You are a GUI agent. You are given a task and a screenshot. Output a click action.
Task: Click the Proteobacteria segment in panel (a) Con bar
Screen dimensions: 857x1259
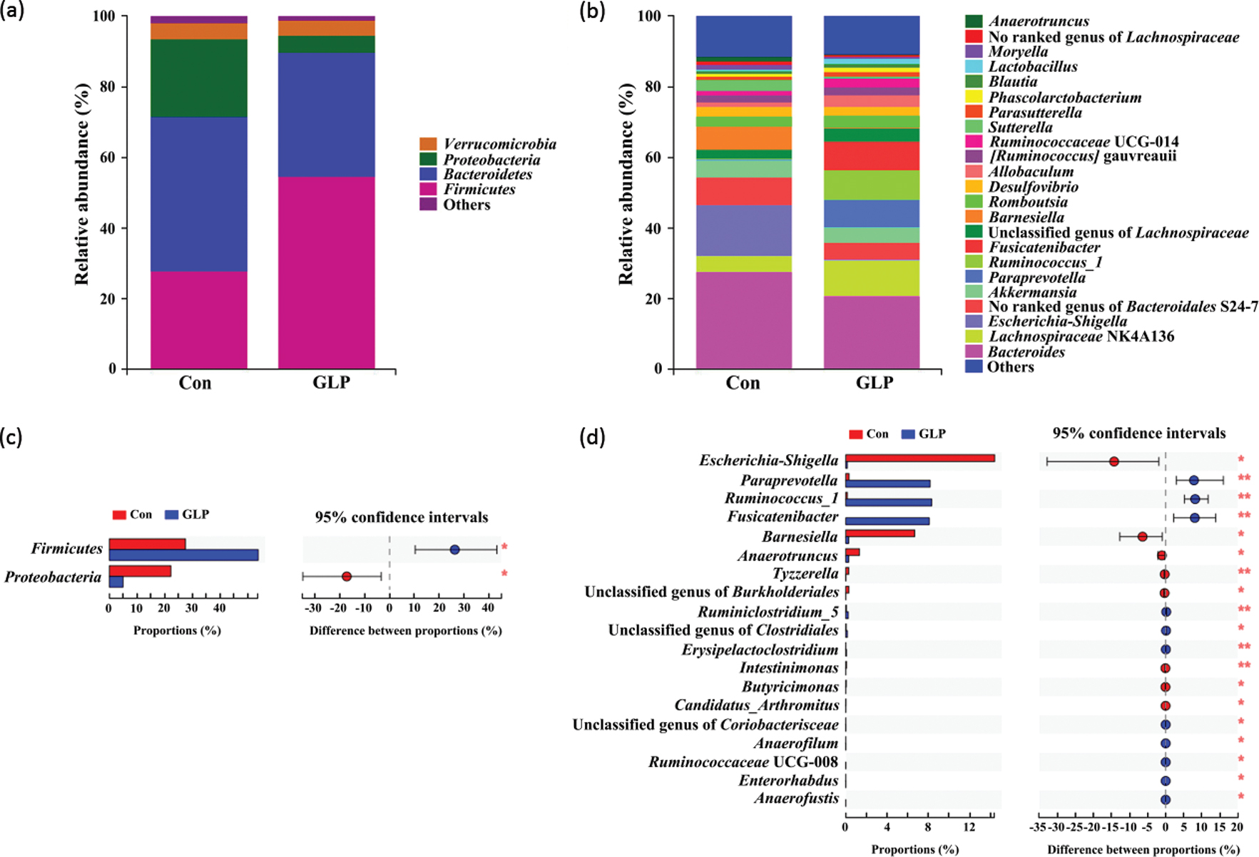pyautogui.click(x=198, y=78)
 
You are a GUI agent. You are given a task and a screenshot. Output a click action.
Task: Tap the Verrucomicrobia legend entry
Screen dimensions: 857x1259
pyautogui.click(x=499, y=144)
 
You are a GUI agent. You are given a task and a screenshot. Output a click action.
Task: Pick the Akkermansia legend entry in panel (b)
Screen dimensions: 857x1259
pyautogui.click(x=1031, y=292)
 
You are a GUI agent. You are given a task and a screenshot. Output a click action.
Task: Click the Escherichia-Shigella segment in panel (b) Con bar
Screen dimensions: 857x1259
pyautogui.click(x=743, y=230)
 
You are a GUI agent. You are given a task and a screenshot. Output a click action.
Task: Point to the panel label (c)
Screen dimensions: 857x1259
pyautogui.click(x=11, y=437)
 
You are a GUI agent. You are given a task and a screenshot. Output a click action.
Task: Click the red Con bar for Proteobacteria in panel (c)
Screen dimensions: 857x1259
pyautogui.click(x=140, y=571)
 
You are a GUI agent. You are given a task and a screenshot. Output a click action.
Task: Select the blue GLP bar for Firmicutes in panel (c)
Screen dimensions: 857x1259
pyautogui.click(x=183, y=555)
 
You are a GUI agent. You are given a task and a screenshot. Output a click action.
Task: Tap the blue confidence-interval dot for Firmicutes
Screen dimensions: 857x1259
pyautogui.click(x=454, y=550)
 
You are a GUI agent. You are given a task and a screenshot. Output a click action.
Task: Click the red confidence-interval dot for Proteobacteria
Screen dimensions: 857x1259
pyautogui.click(x=347, y=576)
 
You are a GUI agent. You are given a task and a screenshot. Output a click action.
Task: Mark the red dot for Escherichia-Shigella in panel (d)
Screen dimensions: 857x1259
pyautogui.click(x=1113, y=462)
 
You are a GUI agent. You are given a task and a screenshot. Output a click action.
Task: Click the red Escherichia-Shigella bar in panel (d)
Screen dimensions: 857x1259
pyautogui.click(x=919, y=458)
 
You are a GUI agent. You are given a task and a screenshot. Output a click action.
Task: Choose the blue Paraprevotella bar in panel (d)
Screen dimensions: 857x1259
pyautogui.click(x=887, y=483)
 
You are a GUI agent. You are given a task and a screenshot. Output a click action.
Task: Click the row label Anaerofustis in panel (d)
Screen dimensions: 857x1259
pyautogui.click(x=796, y=799)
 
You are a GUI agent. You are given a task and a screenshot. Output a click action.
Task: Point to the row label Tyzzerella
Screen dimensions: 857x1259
pyautogui.click(x=805, y=573)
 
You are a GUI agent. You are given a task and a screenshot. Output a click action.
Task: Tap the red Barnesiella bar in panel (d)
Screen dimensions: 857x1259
pyautogui.click(x=880, y=533)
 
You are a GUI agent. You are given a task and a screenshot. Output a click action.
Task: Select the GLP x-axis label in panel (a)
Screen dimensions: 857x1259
pyautogui.click(x=331, y=383)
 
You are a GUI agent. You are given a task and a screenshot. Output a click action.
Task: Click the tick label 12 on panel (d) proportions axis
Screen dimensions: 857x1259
pyautogui.click(x=969, y=827)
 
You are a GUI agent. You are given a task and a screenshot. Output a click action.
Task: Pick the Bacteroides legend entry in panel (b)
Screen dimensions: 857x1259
pyautogui.click(x=1026, y=351)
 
